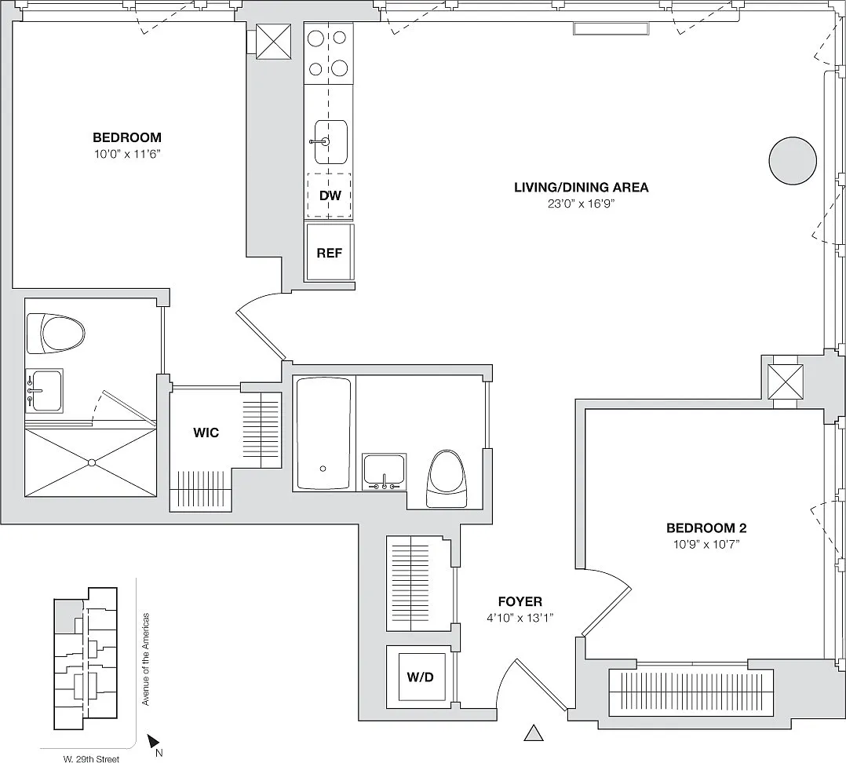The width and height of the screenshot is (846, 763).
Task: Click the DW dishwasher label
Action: click(x=330, y=195)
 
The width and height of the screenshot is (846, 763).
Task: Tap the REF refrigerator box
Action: click(x=330, y=253)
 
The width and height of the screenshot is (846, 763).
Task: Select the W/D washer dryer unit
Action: click(x=421, y=676)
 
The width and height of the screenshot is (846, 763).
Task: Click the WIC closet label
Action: click(x=206, y=433)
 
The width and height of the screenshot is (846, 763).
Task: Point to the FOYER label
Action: click(x=520, y=601)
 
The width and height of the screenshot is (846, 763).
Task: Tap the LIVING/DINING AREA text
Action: click(x=581, y=188)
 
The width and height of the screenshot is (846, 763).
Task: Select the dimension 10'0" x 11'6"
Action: click(x=128, y=155)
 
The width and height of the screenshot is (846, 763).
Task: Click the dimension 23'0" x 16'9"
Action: click(x=581, y=204)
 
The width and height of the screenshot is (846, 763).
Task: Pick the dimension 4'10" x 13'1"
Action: click(x=520, y=619)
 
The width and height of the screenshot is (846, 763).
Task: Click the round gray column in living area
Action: click(x=793, y=161)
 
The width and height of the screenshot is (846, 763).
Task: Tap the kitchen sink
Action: click(x=330, y=142)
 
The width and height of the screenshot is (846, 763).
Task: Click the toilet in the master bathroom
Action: click(x=56, y=334)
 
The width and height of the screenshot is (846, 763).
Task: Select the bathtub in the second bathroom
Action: click(x=323, y=433)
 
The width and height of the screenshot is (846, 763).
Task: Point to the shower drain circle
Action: click(x=92, y=462)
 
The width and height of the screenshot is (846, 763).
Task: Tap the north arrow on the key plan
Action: click(x=153, y=741)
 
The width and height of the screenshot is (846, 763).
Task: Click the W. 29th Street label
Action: click(x=91, y=759)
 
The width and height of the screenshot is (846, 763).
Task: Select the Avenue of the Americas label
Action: click(x=145, y=659)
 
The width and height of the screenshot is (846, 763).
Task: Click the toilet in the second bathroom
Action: click(x=447, y=479)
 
